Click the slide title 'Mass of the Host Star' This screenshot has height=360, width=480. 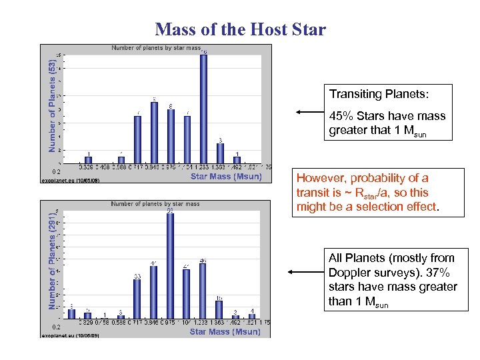(240, 29)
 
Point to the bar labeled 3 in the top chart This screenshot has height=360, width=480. (220, 153)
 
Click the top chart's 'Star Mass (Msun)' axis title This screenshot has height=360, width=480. (226, 177)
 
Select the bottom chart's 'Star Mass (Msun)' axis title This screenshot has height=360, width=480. (225, 331)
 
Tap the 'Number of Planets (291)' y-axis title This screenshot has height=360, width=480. (53, 261)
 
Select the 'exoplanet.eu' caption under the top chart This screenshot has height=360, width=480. (57, 181)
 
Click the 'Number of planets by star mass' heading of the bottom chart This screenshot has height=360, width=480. (155, 203)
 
